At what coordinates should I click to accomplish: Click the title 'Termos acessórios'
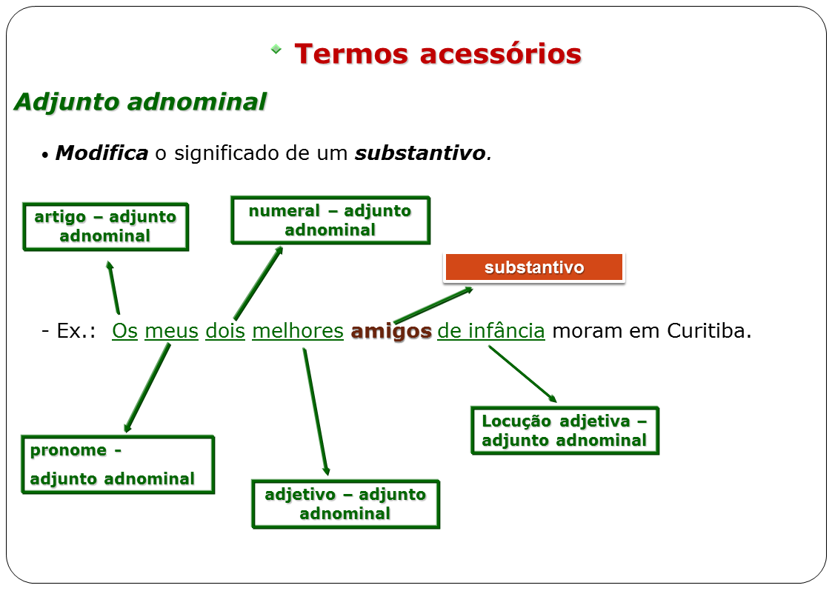point(437,54)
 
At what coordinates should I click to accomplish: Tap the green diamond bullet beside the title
point(276,50)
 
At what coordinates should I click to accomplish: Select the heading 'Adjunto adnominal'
point(140,101)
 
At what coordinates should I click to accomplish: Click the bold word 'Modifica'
point(101,153)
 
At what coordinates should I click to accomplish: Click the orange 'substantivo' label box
point(533,267)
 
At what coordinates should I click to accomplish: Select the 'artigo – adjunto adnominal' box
point(105,227)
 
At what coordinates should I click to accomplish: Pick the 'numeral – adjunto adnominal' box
point(330,220)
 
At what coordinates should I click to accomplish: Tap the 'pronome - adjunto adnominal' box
point(118,464)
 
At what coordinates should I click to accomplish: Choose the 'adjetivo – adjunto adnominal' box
point(345,504)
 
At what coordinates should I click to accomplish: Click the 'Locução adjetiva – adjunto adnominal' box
point(565,430)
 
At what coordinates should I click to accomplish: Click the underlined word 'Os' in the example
point(124,331)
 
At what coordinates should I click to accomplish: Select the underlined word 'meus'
point(171,331)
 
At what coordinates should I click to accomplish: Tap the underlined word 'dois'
point(225,331)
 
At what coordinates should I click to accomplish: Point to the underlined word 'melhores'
point(298,331)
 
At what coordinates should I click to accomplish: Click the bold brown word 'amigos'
point(391,331)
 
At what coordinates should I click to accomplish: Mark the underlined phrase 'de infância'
point(491,331)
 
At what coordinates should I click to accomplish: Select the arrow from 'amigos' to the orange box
point(433,305)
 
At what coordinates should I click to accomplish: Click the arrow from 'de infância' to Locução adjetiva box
point(522,374)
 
